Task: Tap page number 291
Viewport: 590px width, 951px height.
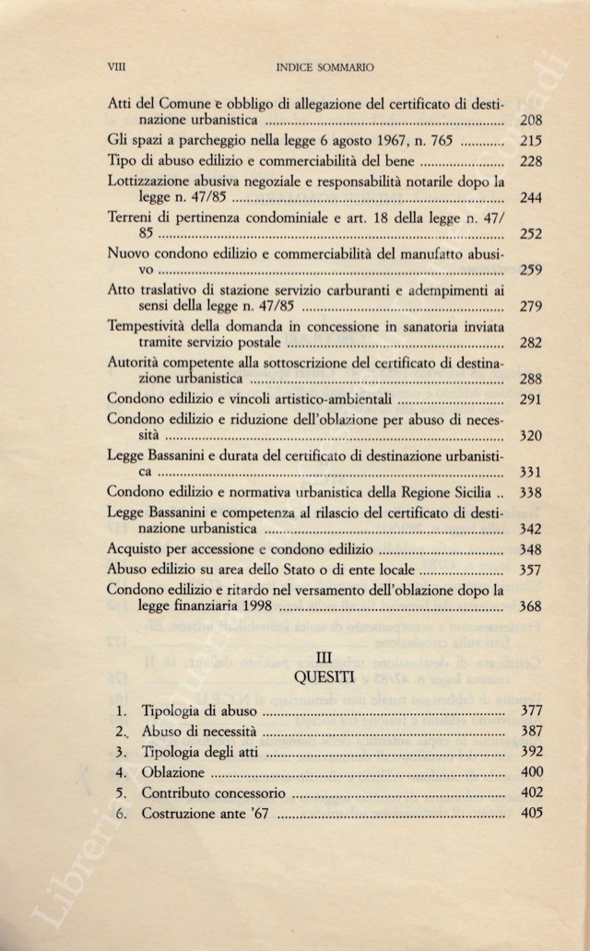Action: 530,399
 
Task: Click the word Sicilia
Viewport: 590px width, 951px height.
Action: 466,493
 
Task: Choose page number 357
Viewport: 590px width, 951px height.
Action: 530,569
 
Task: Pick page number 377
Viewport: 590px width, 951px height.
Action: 530,710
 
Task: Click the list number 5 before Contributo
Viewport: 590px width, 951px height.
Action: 121,792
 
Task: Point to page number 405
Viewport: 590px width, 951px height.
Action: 530,813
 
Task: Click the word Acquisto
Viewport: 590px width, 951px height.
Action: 136,550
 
